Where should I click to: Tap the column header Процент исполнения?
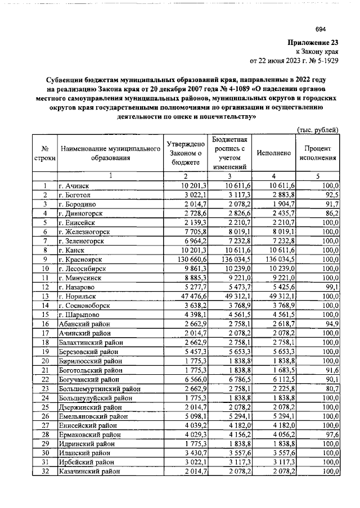(320, 153)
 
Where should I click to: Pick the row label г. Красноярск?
(82, 260)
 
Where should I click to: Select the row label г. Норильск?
(79, 296)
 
